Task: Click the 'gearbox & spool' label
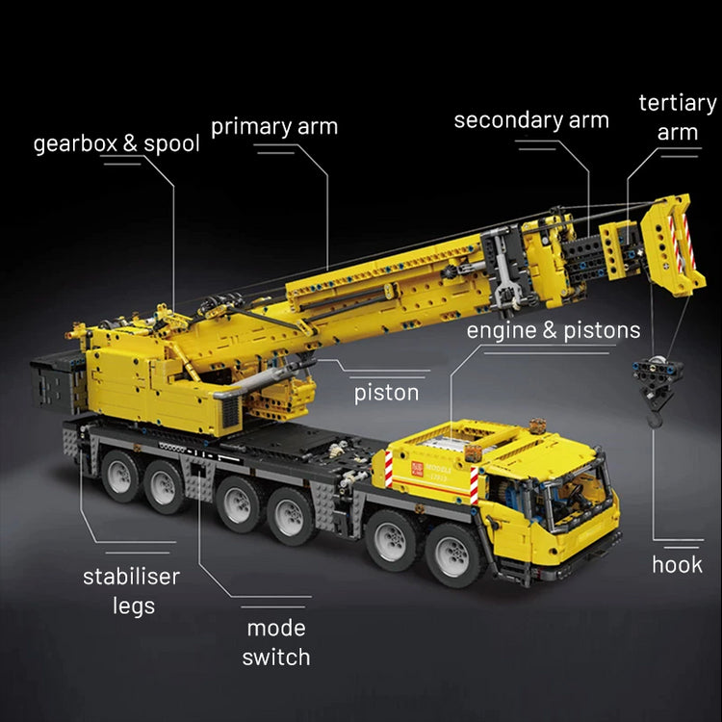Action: pyautogui.click(x=116, y=144)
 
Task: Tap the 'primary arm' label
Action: pyautogui.click(x=274, y=126)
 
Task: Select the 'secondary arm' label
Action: pyautogui.click(x=531, y=120)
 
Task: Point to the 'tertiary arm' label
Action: pyautogui.click(x=678, y=117)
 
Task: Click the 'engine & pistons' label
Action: pyautogui.click(x=554, y=330)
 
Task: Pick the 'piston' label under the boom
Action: pyautogui.click(x=386, y=392)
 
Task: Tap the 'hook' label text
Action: pyautogui.click(x=677, y=564)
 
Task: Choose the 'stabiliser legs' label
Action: pyautogui.click(x=131, y=591)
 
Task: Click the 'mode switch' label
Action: pyautogui.click(x=275, y=642)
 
